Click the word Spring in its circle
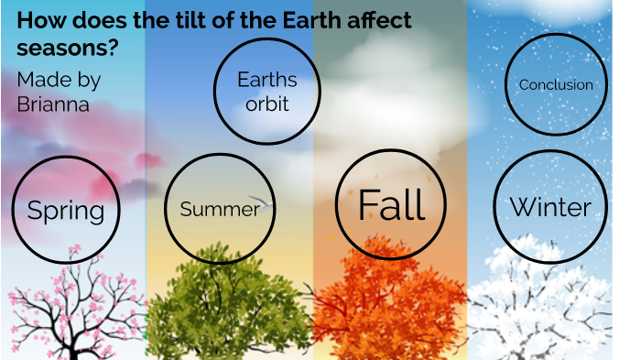pyautogui.click(x=66, y=211)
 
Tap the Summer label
pyautogui.click(x=219, y=209)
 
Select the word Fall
pyautogui.click(x=391, y=204)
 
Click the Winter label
pyautogui.click(x=549, y=206)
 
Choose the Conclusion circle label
pyautogui.click(x=556, y=85)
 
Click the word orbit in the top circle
pyautogui.click(x=267, y=104)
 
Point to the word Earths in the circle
pyautogui.click(x=267, y=80)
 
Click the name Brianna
pyautogui.click(x=53, y=104)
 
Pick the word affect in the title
pyautogui.click(x=375, y=21)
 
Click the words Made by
pyautogui.click(x=59, y=80)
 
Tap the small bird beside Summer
pyautogui.click(x=264, y=203)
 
